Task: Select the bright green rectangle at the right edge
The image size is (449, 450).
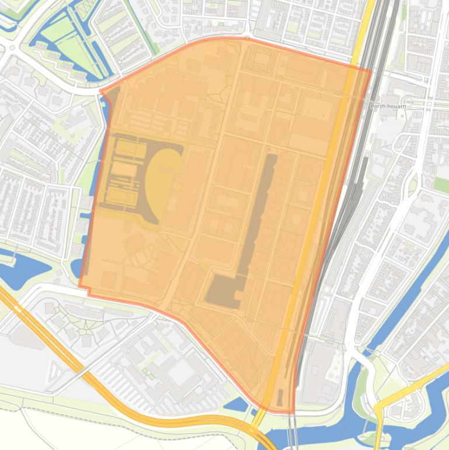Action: (441, 185)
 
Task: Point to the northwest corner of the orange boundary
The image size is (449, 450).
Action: (102, 92)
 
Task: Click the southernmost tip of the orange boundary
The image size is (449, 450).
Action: (290, 413)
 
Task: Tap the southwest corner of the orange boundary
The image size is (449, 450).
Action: (80, 286)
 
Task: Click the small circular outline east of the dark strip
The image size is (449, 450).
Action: (296, 219)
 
